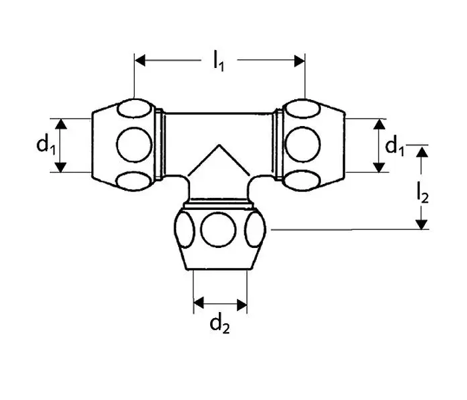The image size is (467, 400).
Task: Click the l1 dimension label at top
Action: click(219, 61)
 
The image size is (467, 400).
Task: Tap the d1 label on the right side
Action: click(395, 146)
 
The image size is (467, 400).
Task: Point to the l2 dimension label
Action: click(422, 193)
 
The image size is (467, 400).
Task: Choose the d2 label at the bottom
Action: click(219, 325)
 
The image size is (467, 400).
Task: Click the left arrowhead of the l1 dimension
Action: click(140, 61)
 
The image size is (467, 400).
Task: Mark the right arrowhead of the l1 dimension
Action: click(300, 61)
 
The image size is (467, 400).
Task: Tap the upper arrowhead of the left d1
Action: click(61, 124)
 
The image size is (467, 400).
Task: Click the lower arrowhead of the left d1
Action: click(61, 167)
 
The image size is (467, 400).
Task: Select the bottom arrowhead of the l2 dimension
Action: click(422, 225)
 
